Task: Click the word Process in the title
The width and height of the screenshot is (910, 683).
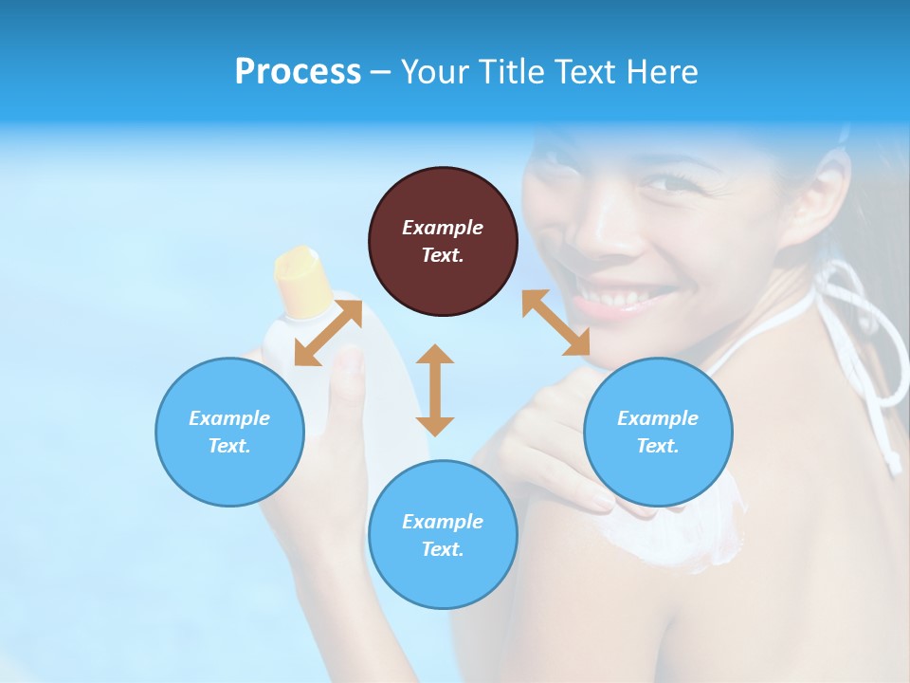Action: (x=298, y=72)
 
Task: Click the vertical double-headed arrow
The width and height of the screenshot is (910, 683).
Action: (x=435, y=390)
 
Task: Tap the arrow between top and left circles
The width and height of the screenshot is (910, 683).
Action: (x=328, y=332)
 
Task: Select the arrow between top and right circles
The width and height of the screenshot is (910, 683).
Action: (x=556, y=323)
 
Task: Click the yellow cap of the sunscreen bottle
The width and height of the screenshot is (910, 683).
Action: (x=301, y=280)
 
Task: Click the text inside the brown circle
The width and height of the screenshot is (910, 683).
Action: (x=443, y=241)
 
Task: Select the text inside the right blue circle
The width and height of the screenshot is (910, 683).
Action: (x=658, y=432)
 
